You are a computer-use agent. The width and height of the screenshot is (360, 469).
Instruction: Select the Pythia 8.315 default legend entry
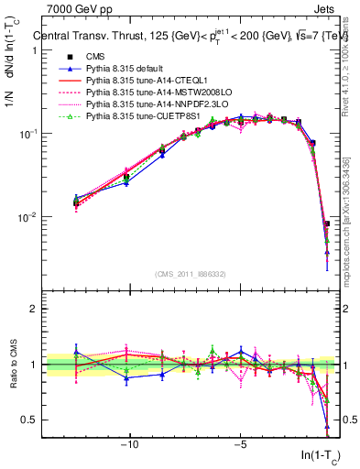(x=129, y=71)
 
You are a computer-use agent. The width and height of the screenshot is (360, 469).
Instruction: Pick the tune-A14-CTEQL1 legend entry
(x=145, y=82)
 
